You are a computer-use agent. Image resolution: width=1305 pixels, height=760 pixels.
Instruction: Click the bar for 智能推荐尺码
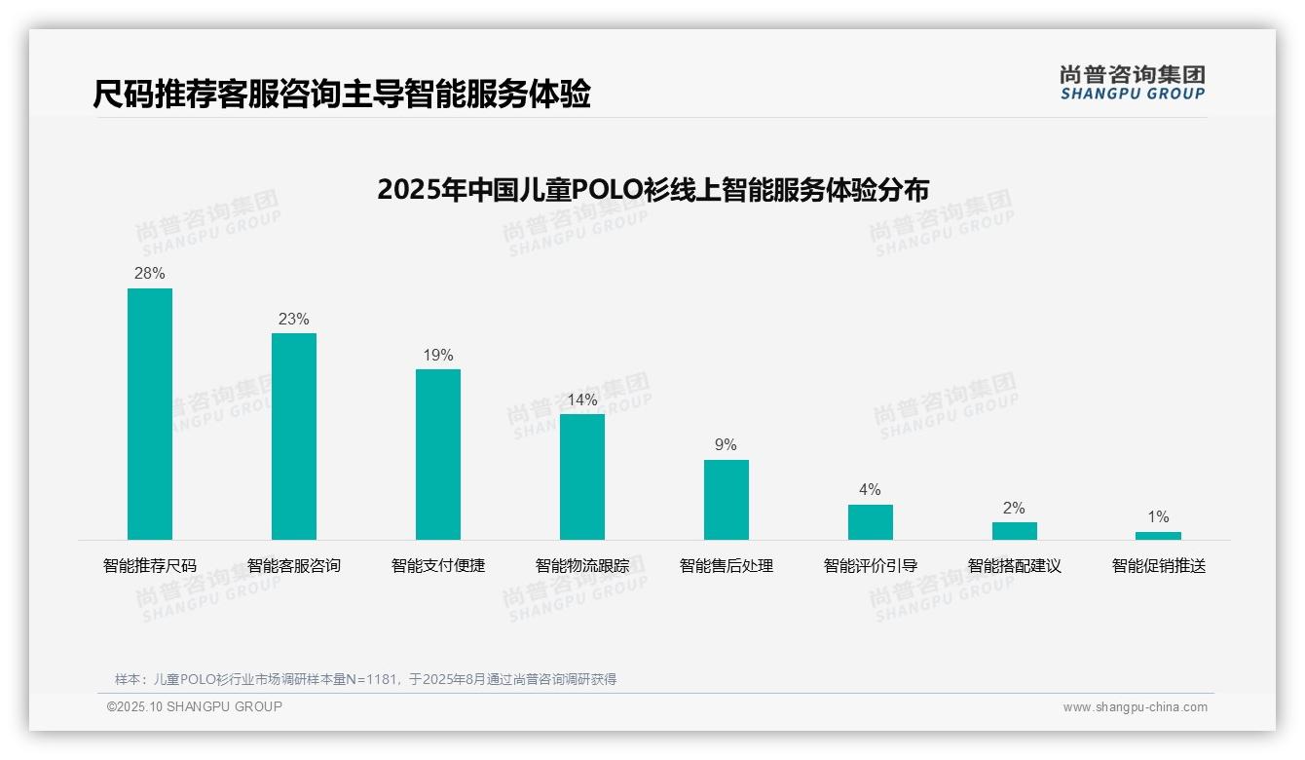pyautogui.click(x=150, y=414)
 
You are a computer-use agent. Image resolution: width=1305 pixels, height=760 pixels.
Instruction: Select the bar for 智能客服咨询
pyautogui.click(x=294, y=437)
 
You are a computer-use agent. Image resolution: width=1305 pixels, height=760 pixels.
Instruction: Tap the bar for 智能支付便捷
pyautogui.click(x=438, y=454)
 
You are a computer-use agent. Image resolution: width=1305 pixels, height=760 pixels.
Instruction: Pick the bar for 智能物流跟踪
pyautogui.click(x=582, y=476)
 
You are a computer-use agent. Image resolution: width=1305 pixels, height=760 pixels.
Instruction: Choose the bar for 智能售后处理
pyautogui.click(x=727, y=500)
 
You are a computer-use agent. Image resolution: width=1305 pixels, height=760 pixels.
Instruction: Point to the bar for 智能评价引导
pyautogui.click(x=871, y=522)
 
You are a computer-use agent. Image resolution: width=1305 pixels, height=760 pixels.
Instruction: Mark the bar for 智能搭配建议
pyautogui.click(x=1015, y=531)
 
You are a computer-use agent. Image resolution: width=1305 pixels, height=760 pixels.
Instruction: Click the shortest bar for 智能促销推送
pyautogui.click(x=1158, y=536)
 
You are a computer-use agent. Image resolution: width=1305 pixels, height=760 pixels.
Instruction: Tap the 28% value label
pyautogui.click(x=150, y=274)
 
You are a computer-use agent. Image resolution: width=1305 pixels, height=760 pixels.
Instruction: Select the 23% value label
pyautogui.click(x=294, y=320)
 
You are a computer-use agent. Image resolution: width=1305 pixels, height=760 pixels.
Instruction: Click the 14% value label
pyautogui.click(x=582, y=400)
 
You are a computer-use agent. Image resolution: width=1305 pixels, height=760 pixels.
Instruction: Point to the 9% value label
pyautogui.click(x=727, y=445)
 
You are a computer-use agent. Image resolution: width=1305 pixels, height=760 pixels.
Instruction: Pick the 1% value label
pyautogui.click(x=1158, y=517)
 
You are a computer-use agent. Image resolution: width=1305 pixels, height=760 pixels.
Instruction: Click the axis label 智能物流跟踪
pyautogui.click(x=582, y=566)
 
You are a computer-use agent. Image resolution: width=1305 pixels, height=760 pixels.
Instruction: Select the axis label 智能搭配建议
pyautogui.click(x=1015, y=566)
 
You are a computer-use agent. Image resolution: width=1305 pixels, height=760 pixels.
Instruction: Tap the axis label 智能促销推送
pyautogui.click(x=1159, y=566)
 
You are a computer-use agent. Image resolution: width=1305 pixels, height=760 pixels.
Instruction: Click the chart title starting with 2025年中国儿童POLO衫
pyautogui.click(x=652, y=189)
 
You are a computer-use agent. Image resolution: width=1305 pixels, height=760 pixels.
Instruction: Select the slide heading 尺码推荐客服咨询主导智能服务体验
pyautogui.click(x=342, y=95)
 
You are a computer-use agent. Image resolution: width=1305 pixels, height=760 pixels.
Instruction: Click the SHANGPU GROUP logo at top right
pyautogui.click(x=1133, y=83)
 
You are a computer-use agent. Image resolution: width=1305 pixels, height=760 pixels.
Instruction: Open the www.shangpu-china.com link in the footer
pyautogui.click(x=1135, y=707)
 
